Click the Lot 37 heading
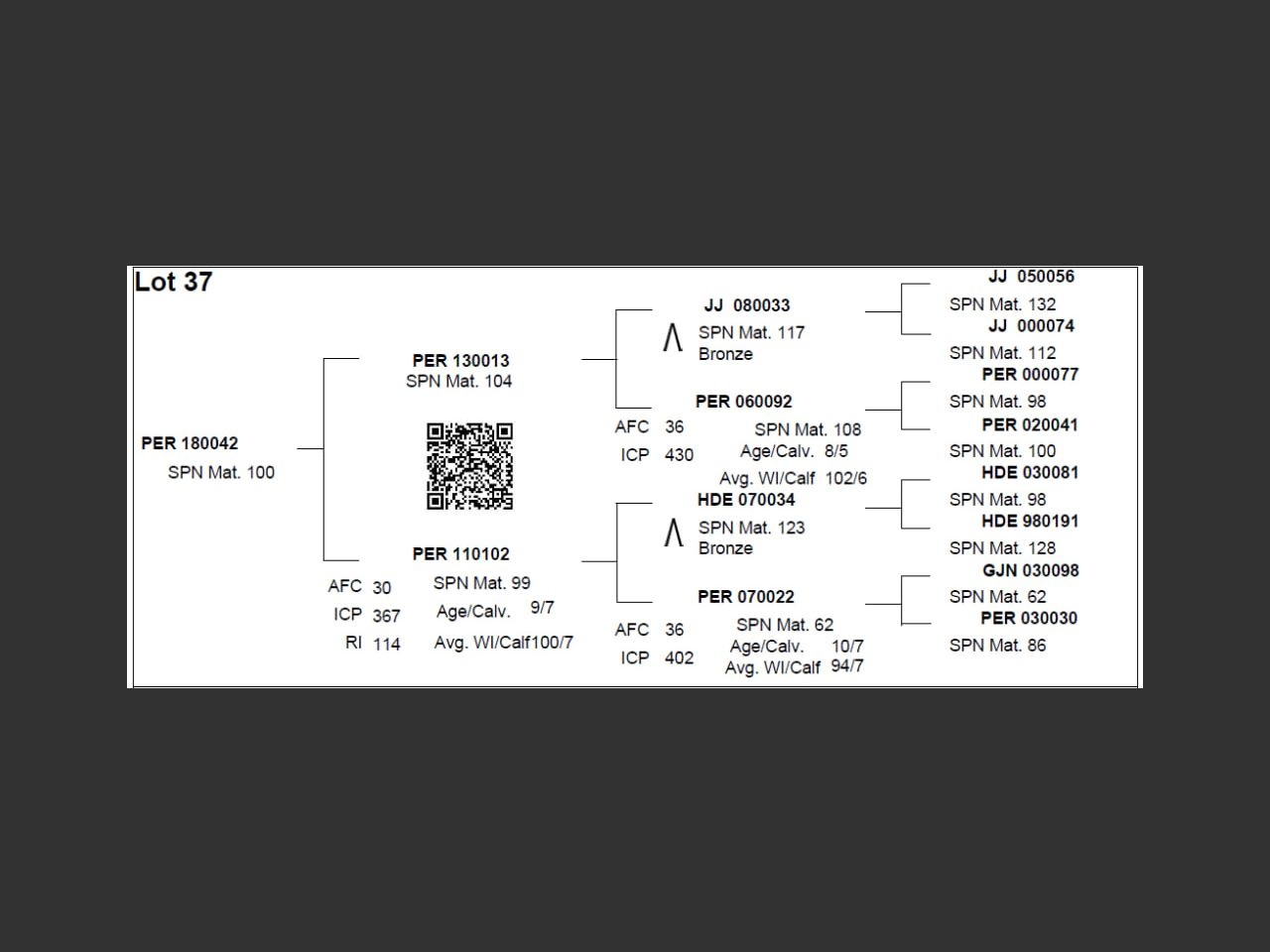pos(174,283)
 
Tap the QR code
pos(469,466)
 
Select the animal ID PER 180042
pos(190,443)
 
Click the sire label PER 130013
pos(460,361)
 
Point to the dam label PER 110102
pos(460,554)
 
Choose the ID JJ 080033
pos(747,305)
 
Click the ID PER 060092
pos(743,402)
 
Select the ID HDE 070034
pos(746,500)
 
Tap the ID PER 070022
pos(745,597)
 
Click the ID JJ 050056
pos(1031,277)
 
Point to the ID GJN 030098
pos(1030,571)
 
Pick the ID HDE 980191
pos(1029,522)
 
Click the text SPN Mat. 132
pos(1002,304)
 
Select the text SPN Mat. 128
pos(1002,548)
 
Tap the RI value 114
pos(387,645)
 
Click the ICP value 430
pos(679,455)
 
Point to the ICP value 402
pos(679,658)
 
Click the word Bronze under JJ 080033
pos(725,354)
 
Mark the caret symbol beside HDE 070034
pos(674,534)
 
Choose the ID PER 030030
pos(1029,619)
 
